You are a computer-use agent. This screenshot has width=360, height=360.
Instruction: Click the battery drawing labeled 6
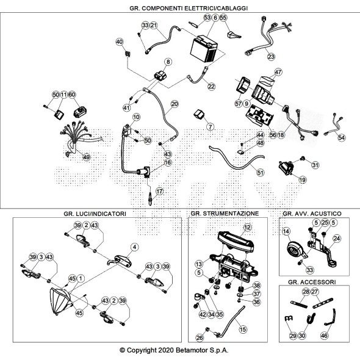coord(204,49)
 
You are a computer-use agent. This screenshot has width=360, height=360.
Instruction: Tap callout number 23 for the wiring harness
coord(271,57)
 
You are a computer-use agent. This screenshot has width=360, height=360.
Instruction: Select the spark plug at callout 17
coord(150,199)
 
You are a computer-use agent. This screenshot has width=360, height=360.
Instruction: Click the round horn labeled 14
coord(294,250)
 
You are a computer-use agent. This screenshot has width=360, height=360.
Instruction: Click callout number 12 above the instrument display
coord(247,228)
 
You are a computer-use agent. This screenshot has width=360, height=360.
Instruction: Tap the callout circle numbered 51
coord(260,173)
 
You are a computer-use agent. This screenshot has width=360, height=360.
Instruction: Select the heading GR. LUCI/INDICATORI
coord(95,214)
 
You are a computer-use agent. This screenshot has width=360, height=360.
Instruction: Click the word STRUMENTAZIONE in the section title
coord(231,214)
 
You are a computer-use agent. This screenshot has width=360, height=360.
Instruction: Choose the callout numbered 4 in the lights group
coord(134,247)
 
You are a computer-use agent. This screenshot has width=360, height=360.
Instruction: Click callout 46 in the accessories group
coord(324,336)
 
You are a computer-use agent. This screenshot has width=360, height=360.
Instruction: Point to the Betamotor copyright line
coord(174,350)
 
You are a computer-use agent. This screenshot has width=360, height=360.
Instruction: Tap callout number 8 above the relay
coord(168,62)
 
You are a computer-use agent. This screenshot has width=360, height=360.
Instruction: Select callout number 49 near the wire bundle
coord(86,157)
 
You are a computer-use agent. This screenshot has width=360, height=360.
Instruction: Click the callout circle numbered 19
coord(303,179)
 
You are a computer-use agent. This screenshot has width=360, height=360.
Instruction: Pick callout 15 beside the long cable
coord(243,329)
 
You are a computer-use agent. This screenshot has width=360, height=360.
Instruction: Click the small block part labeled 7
coord(200,114)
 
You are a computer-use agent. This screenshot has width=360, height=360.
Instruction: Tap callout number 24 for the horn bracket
coord(337,239)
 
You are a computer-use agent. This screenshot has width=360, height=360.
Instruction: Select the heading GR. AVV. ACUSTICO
coord(312,214)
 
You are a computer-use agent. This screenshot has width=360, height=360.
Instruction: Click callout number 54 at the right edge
coord(342,137)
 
